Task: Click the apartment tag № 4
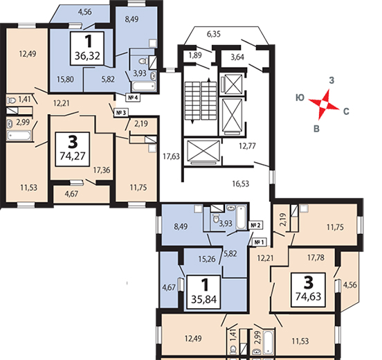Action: pyautogui.click(x=133, y=98)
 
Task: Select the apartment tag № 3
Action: pyautogui.click(x=121, y=113)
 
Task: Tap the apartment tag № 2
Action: pyautogui.click(x=255, y=226)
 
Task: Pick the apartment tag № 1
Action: pyautogui.click(x=260, y=242)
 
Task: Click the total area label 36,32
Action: pyautogui.click(x=87, y=56)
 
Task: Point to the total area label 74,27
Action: pyautogui.click(x=73, y=156)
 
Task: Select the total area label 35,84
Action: pyautogui.click(x=203, y=299)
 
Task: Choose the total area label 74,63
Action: pyautogui.click(x=308, y=296)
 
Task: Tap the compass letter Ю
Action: pyautogui.click(x=300, y=98)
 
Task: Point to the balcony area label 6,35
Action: pyautogui.click(x=214, y=34)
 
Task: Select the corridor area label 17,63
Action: pyautogui.click(x=171, y=156)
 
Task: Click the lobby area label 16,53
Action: pyautogui.click(x=241, y=183)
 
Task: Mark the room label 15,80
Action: pyautogui.click(x=66, y=79)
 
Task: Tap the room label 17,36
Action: pyautogui.click(x=102, y=170)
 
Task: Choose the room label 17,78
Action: pyautogui.click(x=316, y=258)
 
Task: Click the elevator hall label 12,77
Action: pyautogui.click(x=247, y=146)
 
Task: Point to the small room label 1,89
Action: pyautogui.click(x=195, y=55)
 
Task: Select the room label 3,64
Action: pyautogui.click(x=237, y=57)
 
